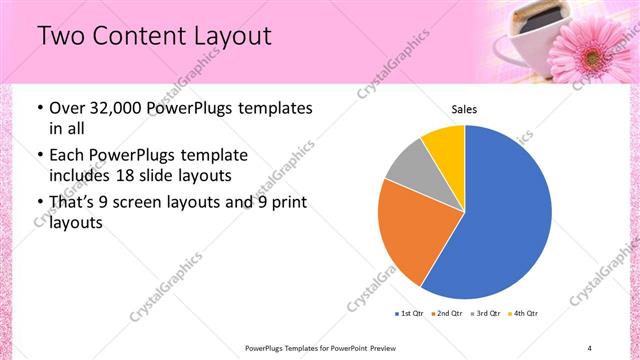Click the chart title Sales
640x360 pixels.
pyautogui.click(x=464, y=109)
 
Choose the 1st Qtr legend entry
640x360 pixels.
pyautogui.click(x=410, y=314)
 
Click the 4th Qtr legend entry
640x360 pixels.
pyautogui.click(x=523, y=314)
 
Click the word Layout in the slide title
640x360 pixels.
pyautogui.click(x=226, y=36)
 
